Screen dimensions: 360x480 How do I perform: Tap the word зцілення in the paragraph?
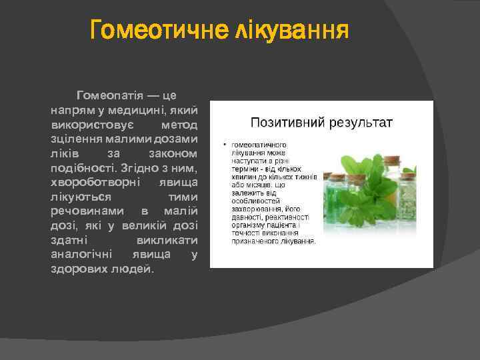74,139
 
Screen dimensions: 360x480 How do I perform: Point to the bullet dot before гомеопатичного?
225,145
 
